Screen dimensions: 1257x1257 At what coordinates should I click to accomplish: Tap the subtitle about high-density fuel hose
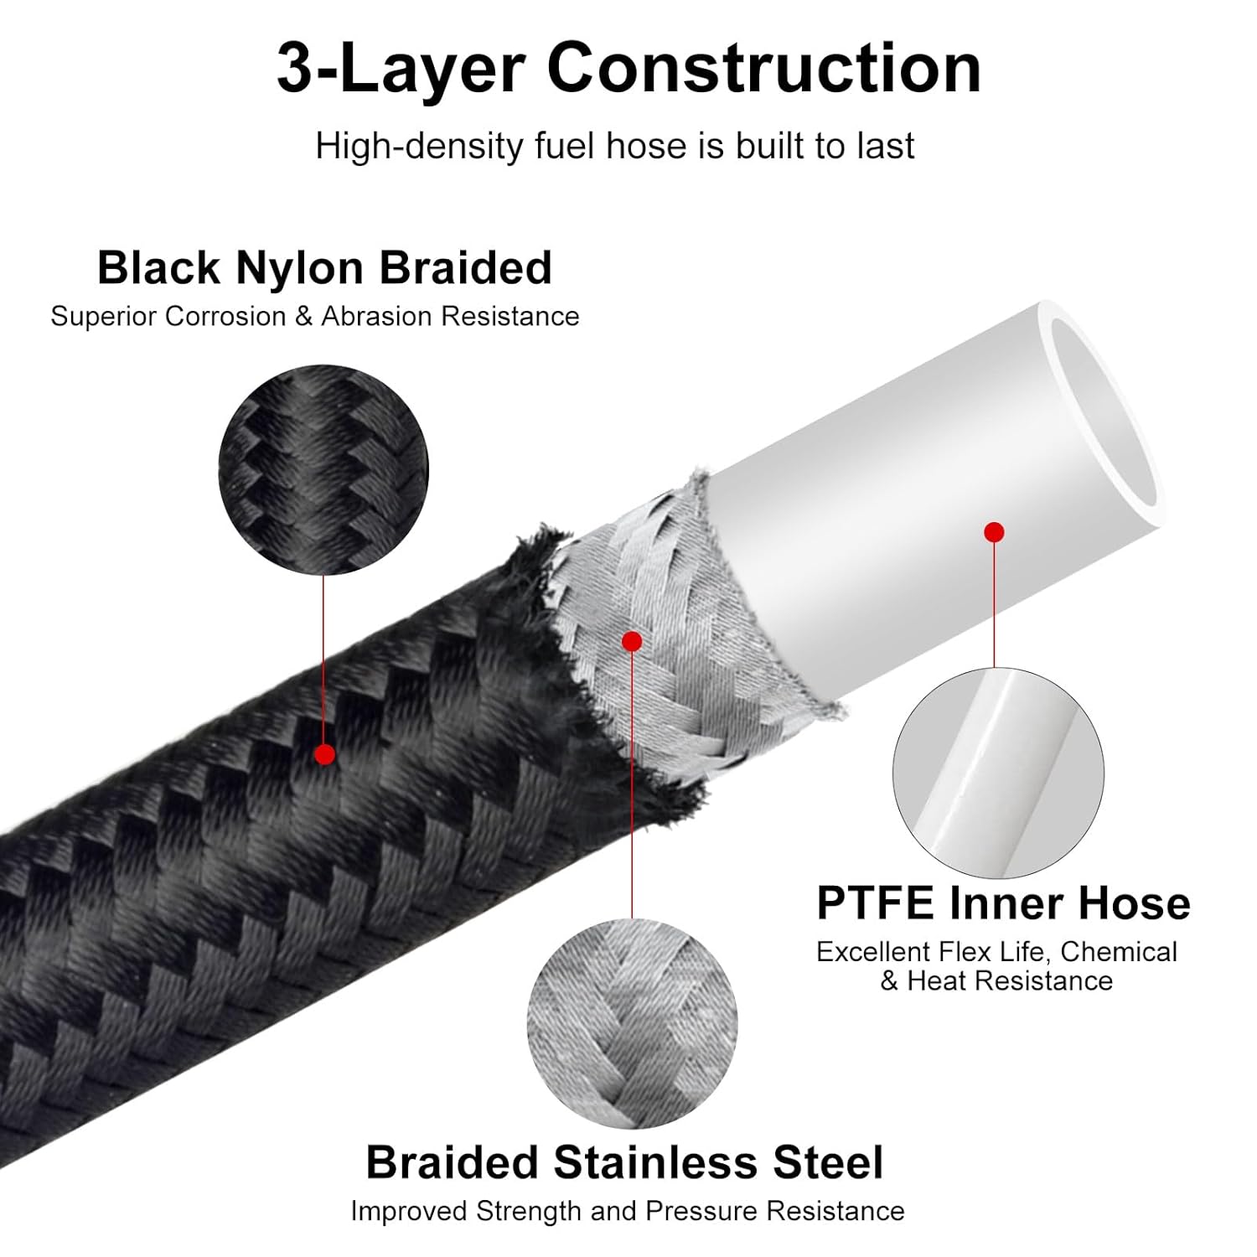point(614,147)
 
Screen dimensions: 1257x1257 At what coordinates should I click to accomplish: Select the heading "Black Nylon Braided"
point(324,268)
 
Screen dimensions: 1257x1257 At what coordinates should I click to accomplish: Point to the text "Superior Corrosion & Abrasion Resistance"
point(314,317)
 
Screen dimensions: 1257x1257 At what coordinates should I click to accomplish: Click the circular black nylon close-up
point(323,469)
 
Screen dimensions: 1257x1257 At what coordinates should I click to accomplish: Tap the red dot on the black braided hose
point(324,754)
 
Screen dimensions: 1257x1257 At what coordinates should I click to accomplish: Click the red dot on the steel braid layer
point(633,642)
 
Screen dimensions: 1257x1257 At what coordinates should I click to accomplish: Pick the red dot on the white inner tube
point(994,531)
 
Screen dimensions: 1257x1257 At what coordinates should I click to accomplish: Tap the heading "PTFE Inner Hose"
point(1003,903)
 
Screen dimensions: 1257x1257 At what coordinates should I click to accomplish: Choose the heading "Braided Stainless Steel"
point(624,1163)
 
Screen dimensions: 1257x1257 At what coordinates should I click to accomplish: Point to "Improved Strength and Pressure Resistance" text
point(627,1212)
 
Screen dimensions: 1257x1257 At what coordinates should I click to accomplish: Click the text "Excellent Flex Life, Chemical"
point(996,953)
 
